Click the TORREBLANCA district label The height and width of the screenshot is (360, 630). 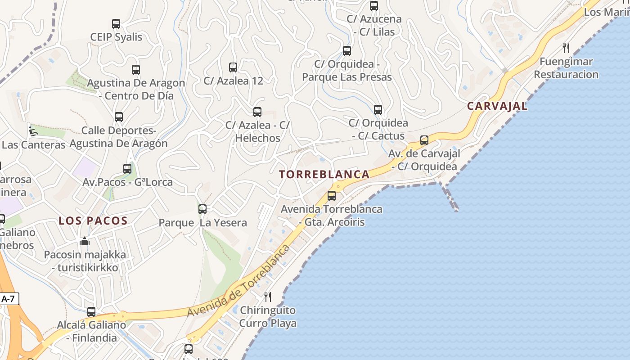(x=324, y=175)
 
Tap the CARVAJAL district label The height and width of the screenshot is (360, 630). (x=497, y=106)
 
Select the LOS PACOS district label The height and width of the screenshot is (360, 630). (x=93, y=220)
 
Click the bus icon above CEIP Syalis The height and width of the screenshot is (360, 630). (x=116, y=24)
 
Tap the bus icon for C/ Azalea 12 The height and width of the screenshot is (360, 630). (x=233, y=67)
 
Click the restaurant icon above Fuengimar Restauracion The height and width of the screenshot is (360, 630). (x=566, y=48)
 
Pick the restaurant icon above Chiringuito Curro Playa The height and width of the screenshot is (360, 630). (x=268, y=297)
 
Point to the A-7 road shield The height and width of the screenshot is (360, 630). (x=9, y=299)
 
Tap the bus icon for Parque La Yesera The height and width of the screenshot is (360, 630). (x=202, y=209)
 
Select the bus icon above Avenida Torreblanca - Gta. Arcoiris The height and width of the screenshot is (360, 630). (x=332, y=196)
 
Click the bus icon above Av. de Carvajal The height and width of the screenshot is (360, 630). (x=424, y=140)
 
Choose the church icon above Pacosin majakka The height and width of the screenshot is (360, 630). (x=85, y=242)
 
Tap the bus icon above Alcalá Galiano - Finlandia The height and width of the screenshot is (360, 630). (x=91, y=311)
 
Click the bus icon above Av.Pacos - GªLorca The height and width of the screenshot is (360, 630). (x=127, y=169)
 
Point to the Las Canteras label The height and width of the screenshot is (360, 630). (x=34, y=145)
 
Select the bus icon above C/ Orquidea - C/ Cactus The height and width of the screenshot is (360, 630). (x=378, y=110)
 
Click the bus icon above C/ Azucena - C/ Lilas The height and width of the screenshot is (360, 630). (x=374, y=6)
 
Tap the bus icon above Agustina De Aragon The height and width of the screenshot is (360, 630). (x=136, y=70)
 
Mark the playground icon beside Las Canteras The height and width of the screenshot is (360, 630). (x=32, y=131)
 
